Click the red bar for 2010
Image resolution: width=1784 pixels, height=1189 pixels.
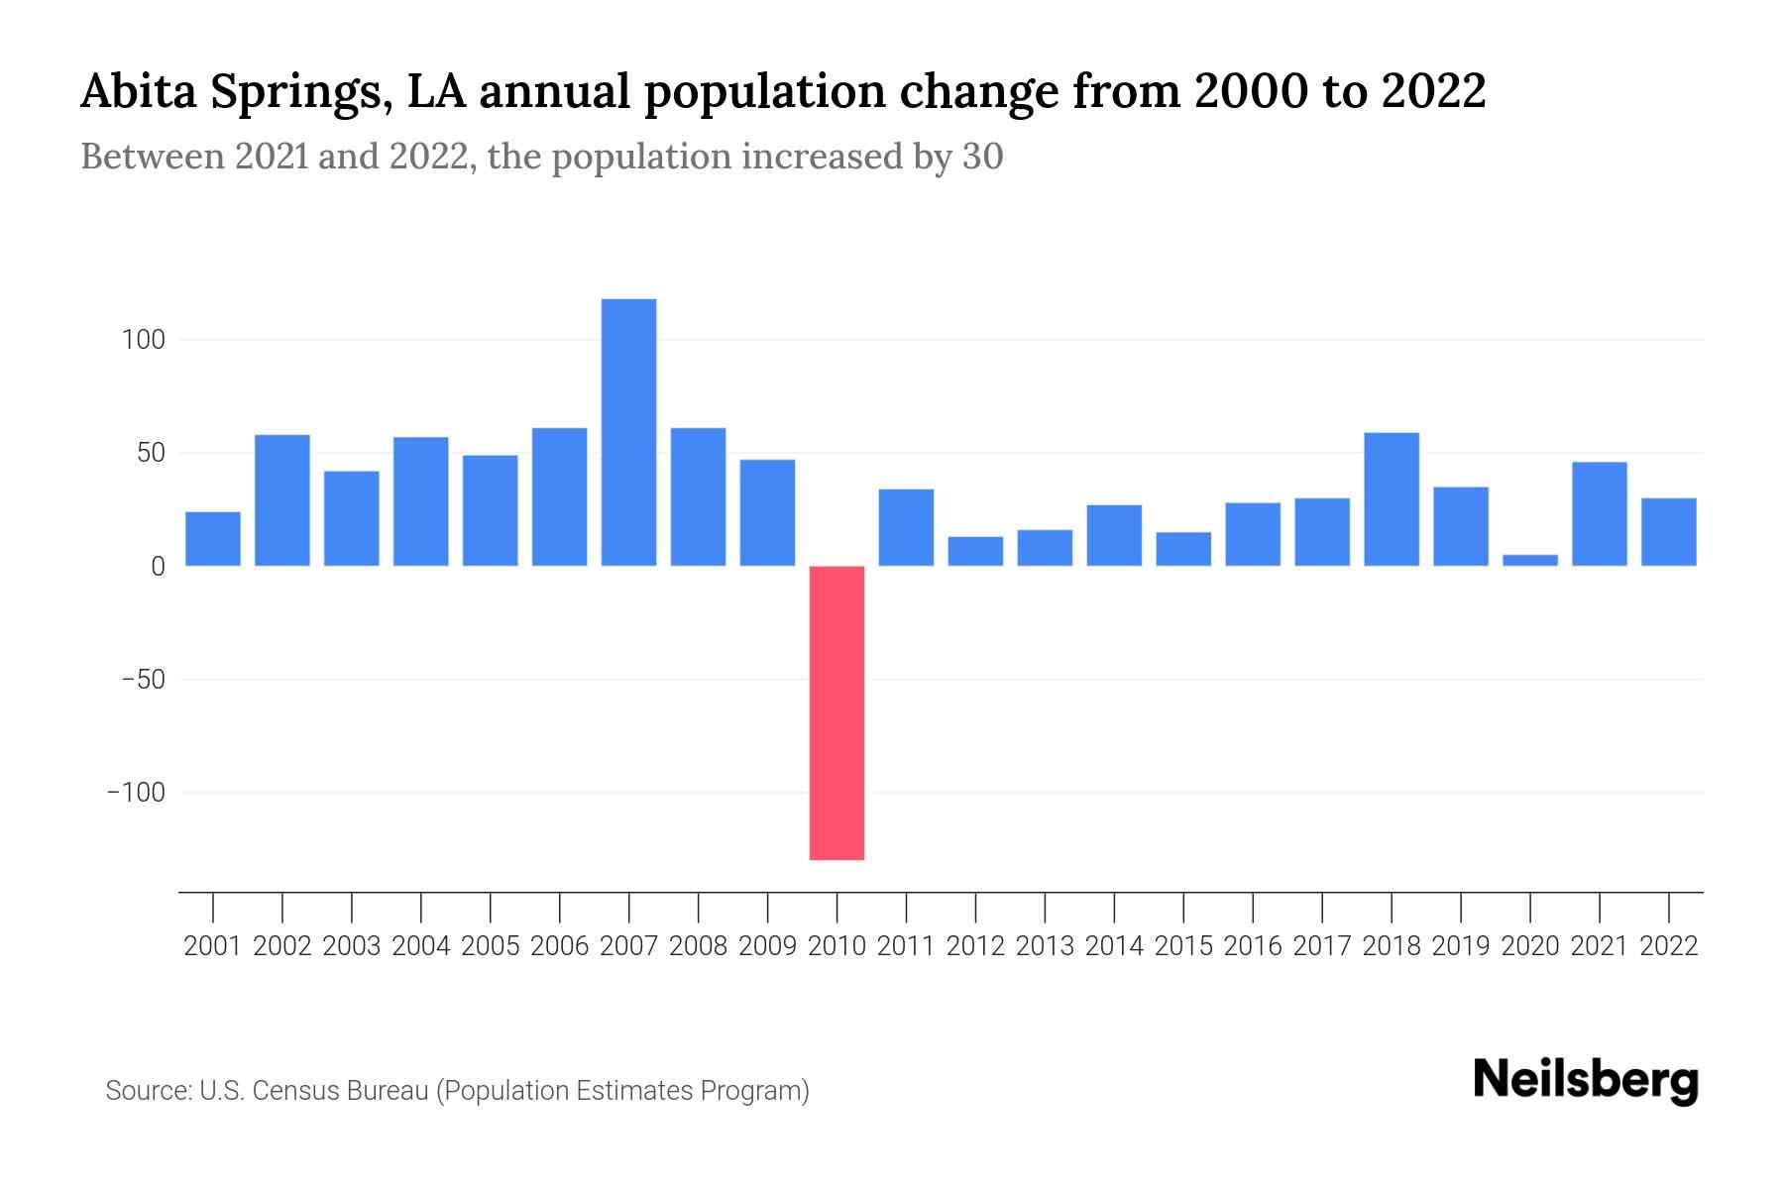tap(836, 712)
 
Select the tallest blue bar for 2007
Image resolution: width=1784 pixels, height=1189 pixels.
tap(628, 432)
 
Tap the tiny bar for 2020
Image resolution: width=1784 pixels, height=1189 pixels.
tap(1529, 561)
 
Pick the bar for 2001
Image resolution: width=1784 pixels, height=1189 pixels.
tap(213, 539)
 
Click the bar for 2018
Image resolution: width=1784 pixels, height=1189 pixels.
tap(1391, 499)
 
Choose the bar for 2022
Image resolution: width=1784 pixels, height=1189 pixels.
tap(1668, 532)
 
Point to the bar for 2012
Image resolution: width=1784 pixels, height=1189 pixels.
tap(975, 552)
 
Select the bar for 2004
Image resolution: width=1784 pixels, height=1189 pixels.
tap(420, 501)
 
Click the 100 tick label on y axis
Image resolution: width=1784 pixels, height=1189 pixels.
tap(143, 340)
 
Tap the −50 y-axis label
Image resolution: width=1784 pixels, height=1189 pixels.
tap(143, 680)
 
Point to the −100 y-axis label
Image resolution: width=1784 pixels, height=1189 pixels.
tap(136, 793)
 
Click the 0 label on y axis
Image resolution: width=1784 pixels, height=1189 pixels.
tap(158, 567)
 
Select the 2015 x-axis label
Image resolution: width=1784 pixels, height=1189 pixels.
tap(1182, 946)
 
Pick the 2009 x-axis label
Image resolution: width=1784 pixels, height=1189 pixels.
tap(767, 946)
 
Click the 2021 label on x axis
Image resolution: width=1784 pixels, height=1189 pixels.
tap(1599, 946)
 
